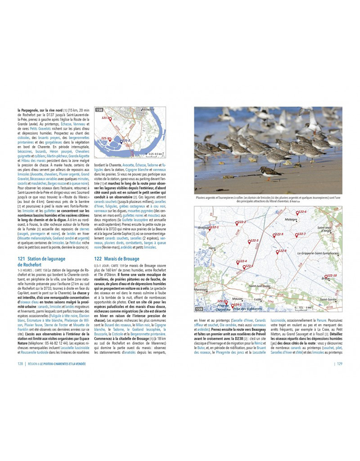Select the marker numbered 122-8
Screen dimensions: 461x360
tap(278, 253)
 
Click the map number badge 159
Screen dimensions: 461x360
tap(199, 309)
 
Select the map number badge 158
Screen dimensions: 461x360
tap(99, 109)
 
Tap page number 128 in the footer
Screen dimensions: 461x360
tap(20, 364)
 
